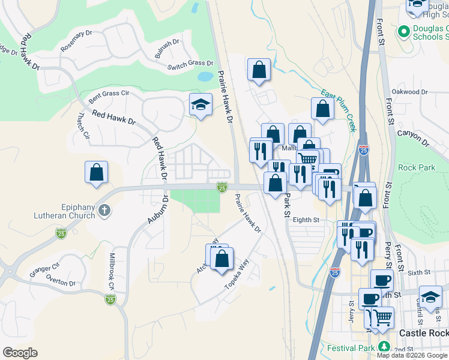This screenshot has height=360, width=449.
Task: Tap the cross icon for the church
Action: pos(105,210)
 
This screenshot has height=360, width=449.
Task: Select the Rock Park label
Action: pos(417,167)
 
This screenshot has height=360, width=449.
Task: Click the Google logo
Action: pos(20,353)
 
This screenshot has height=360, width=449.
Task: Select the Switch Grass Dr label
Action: pos(190,64)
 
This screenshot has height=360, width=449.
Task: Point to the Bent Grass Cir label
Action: pos(109,94)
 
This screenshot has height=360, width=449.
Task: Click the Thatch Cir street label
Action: pos(82,127)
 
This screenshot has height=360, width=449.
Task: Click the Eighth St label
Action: pos(306,220)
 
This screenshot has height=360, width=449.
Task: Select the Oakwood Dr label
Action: pos(409,92)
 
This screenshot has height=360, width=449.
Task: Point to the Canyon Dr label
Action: pos(414,139)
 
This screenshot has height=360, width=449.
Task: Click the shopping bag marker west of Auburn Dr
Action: pos(96,173)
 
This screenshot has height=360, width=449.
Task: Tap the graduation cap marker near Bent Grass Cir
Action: pos(200,105)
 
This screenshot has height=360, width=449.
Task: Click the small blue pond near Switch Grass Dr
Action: pos(205,77)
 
